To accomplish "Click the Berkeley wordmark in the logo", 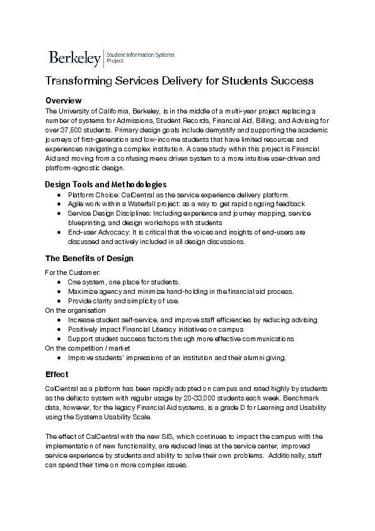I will (x=74, y=59).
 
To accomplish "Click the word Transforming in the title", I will (x=77, y=82).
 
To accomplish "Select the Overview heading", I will (x=64, y=100).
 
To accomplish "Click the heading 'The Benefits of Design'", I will (x=89, y=259).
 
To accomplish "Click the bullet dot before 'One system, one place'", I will (x=59, y=282).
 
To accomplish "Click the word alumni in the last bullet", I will (x=246, y=358).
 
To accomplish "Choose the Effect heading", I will (x=57, y=374).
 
